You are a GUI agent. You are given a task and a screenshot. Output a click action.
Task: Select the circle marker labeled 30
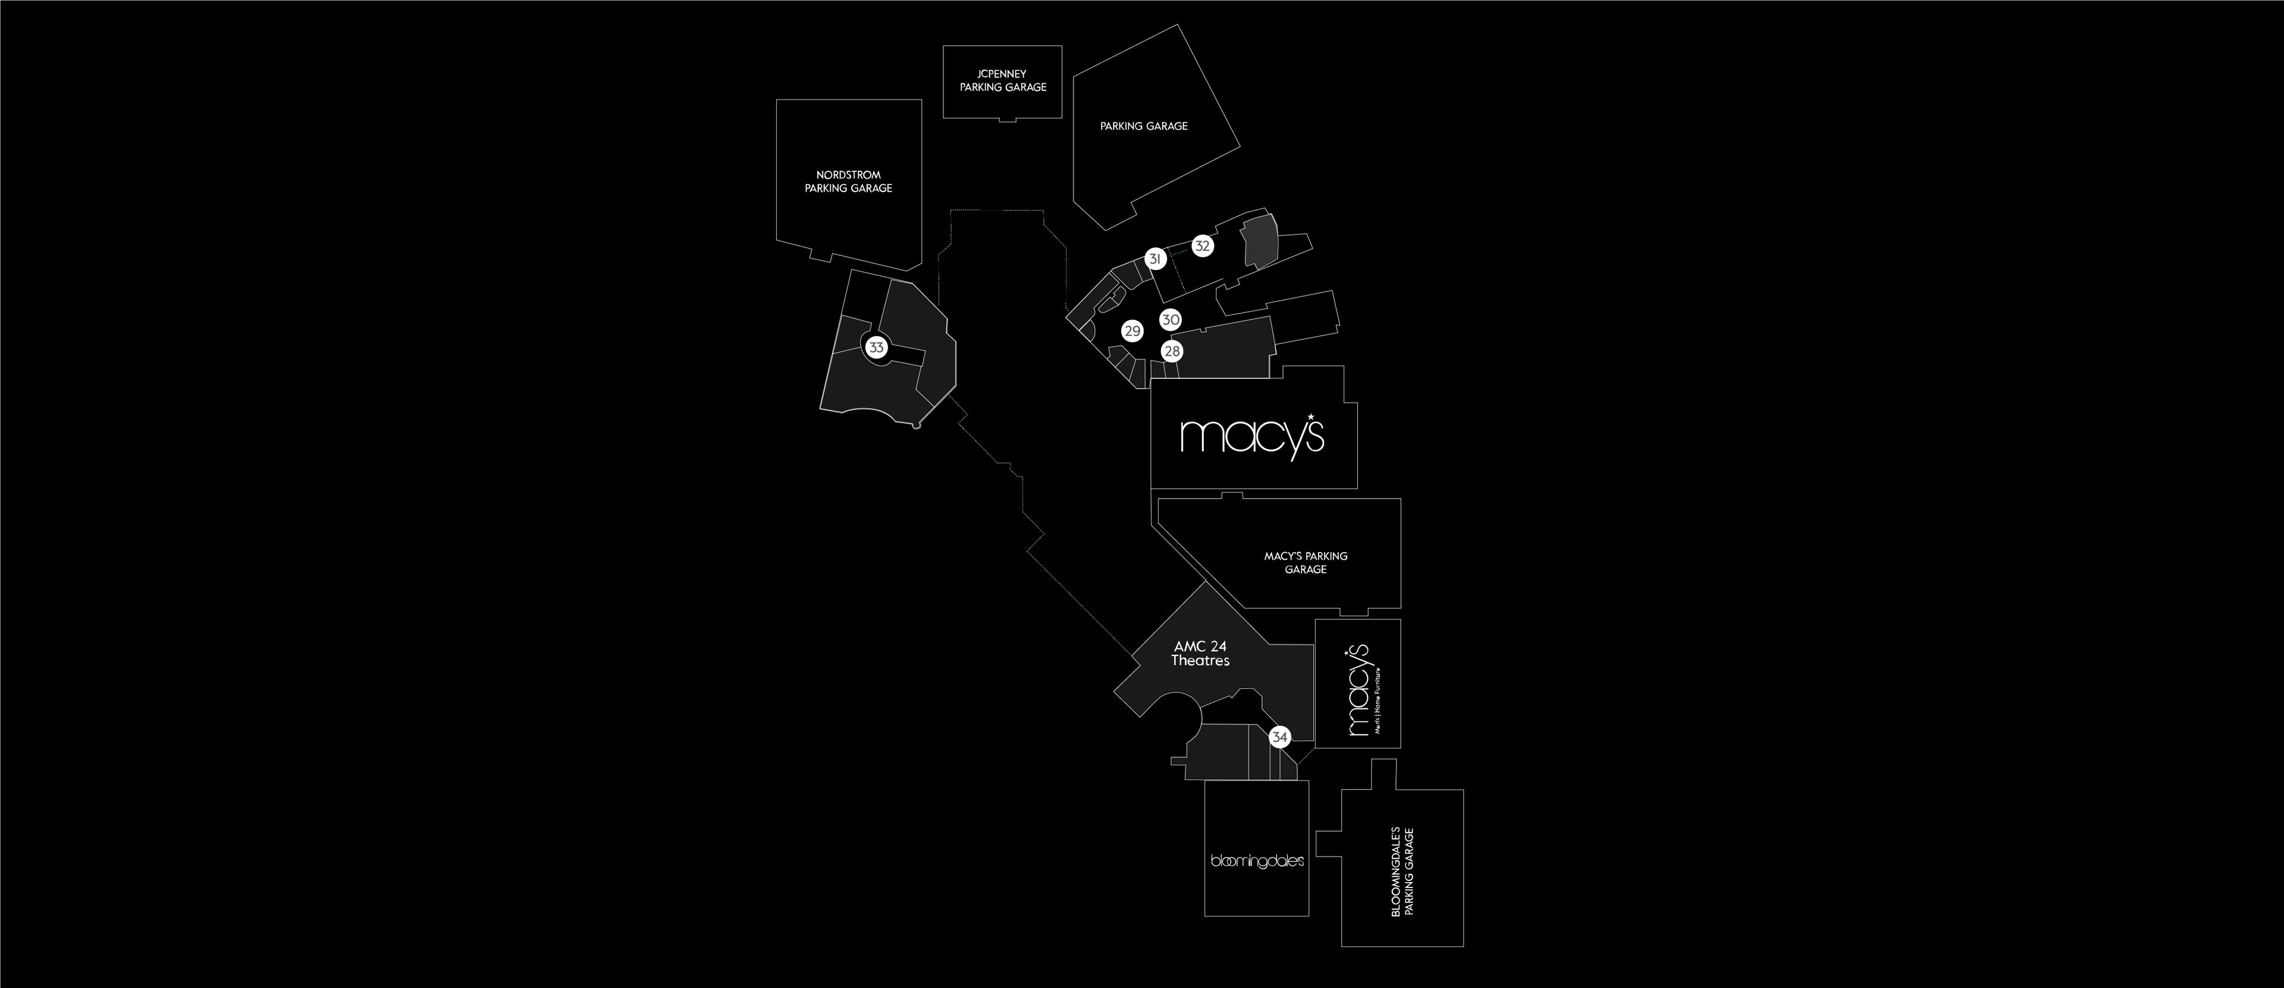1171,320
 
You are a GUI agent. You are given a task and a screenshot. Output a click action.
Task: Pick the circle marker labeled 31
1154,259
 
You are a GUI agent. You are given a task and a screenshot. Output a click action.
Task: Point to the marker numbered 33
876,347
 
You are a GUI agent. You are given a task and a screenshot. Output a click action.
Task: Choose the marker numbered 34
1279,737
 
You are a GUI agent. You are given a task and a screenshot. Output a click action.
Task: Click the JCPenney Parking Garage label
1003,81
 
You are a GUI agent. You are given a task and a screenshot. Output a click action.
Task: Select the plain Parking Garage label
1144,127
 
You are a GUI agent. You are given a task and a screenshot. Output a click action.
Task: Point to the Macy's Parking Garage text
1305,562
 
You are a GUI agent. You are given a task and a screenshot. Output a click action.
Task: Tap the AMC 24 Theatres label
1200,654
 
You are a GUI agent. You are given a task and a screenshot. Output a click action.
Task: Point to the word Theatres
1200,661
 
